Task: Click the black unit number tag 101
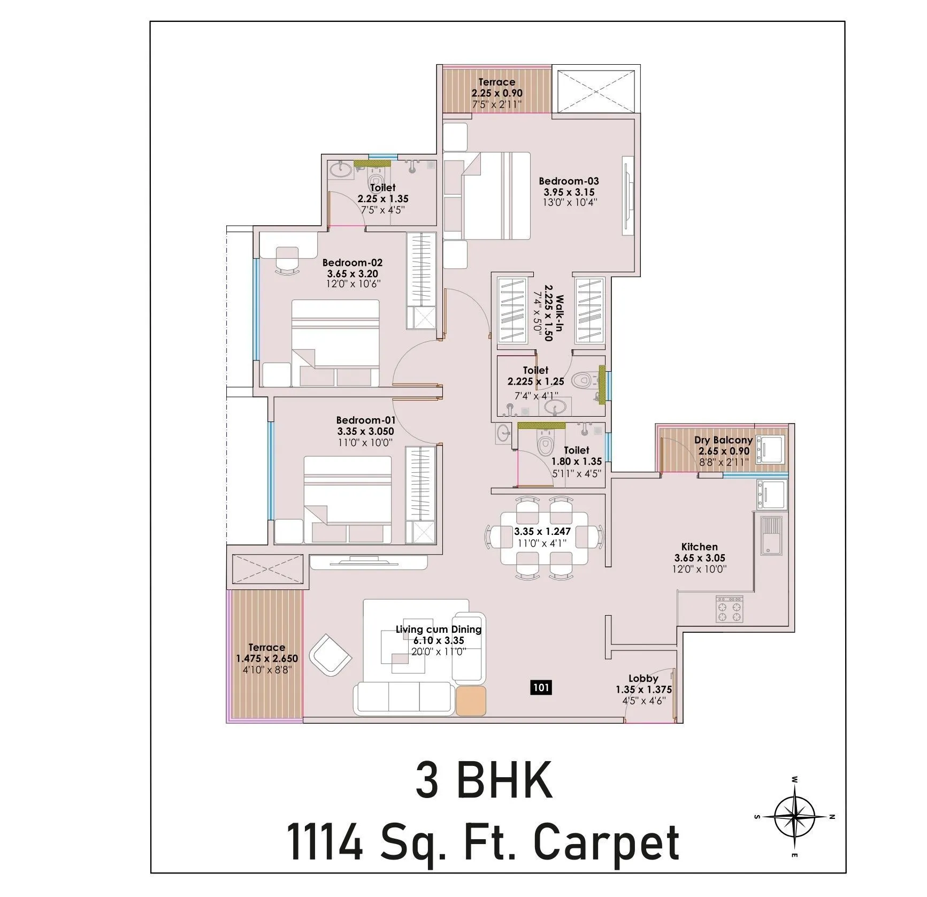pyautogui.click(x=541, y=687)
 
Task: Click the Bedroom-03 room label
pyautogui.click(x=569, y=181)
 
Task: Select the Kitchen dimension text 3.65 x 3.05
pyautogui.click(x=699, y=558)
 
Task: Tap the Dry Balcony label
pyautogui.click(x=723, y=440)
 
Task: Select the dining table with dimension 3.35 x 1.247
pyautogui.click(x=543, y=538)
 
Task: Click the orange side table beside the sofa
pyautogui.click(x=471, y=701)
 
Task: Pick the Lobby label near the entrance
pyautogui.click(x=643, y=678)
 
